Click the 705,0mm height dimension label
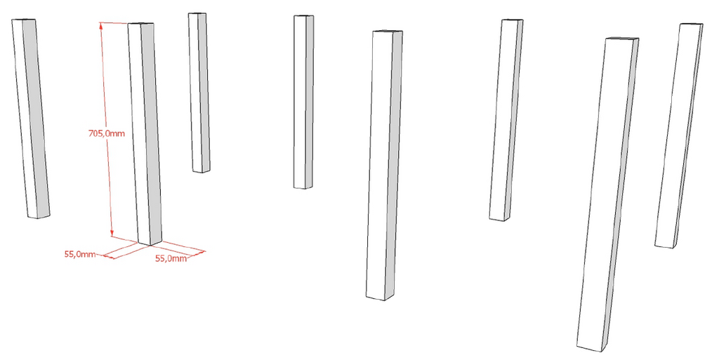tap(107, 134)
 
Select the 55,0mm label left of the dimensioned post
tap(80, 254)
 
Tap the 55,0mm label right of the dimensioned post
tap(171, 258)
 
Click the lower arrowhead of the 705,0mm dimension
tap(112, 234)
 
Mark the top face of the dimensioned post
tap(140, 23)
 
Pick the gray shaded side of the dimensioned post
tap(151, 133)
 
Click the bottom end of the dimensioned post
tap(150, 243)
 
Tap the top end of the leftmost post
tap(23, 20)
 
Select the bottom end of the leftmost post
tap(38, 215)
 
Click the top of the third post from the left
tap(197, 14)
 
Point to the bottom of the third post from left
tap(202, 171)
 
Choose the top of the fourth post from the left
tap(303, 16)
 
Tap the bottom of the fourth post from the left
tap(303, 187)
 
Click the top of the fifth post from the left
tap(388, 32)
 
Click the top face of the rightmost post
tap(691, 24)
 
